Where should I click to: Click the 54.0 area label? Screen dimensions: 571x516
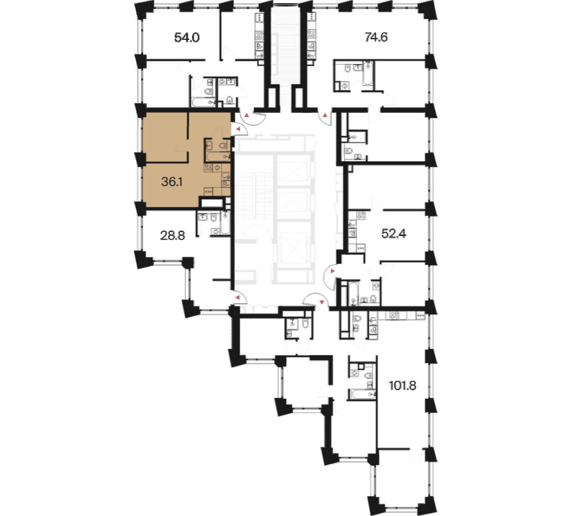187,38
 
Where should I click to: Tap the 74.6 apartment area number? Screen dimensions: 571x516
376,37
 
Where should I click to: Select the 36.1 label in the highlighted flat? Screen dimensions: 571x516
172,181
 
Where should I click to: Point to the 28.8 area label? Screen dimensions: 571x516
173,235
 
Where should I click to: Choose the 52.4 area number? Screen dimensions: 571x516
394,233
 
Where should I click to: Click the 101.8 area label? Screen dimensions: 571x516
402,385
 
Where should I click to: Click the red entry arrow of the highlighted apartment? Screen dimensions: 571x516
238,129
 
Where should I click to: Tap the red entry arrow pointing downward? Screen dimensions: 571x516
322,302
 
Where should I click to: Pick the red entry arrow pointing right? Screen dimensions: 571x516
332,271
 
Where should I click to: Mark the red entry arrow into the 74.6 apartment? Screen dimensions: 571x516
325,116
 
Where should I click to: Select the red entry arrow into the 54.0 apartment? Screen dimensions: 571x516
247,116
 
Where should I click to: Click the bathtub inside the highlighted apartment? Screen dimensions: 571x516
218,157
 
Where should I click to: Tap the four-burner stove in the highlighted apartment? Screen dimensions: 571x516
208,168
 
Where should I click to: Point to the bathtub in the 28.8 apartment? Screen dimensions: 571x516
225,223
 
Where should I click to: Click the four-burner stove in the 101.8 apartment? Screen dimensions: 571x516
395,315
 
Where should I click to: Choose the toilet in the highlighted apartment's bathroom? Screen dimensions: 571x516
223,146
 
